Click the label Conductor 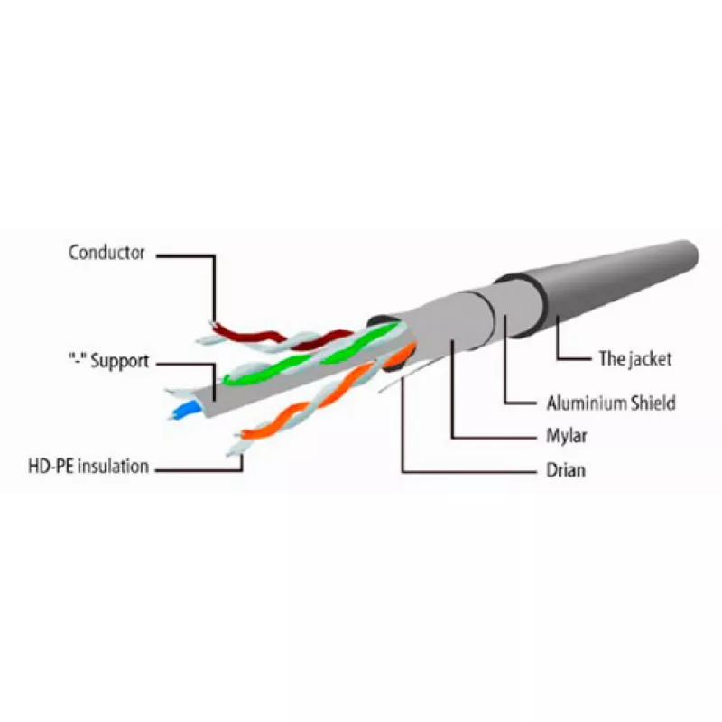(x=106, y=253)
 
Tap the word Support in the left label (x=120, y=362)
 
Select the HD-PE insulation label (x=88, y=466)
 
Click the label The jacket (x=635, y=358)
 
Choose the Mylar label (x=567, y=436)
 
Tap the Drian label (x=566, y=470)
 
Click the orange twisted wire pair (x=322, y=396)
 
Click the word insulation (x=112, y=466)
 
